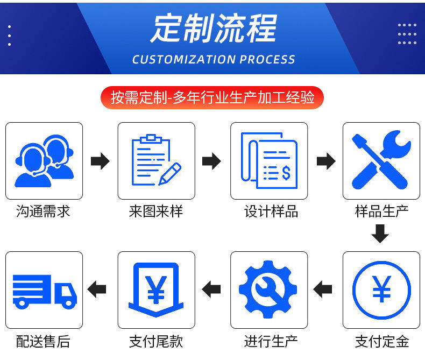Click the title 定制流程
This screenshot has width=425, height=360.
(214, 28)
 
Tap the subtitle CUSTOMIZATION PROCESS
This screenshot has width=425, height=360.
(214, 59)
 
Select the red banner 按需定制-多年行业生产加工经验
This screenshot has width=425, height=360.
(212, 97)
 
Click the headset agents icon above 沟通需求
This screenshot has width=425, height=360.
(44, 161)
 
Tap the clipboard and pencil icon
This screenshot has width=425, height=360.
(157, 161)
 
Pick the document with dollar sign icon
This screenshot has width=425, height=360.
(269, 161)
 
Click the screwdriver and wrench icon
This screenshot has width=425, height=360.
(381, 161)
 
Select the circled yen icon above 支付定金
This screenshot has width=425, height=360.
(381, 290)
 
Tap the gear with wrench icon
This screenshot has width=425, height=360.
(269, 290)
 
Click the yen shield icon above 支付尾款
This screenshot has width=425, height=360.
(157, 290)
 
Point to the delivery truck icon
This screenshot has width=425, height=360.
(44, 290)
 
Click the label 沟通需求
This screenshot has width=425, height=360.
(44, 211)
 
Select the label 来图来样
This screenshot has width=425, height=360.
(156, 211)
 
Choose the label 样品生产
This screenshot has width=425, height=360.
(381, 211)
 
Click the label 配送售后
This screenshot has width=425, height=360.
(44, 341)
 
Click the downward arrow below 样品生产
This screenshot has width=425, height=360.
(380, 234)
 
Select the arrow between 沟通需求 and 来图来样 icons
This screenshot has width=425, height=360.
(100, 161)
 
